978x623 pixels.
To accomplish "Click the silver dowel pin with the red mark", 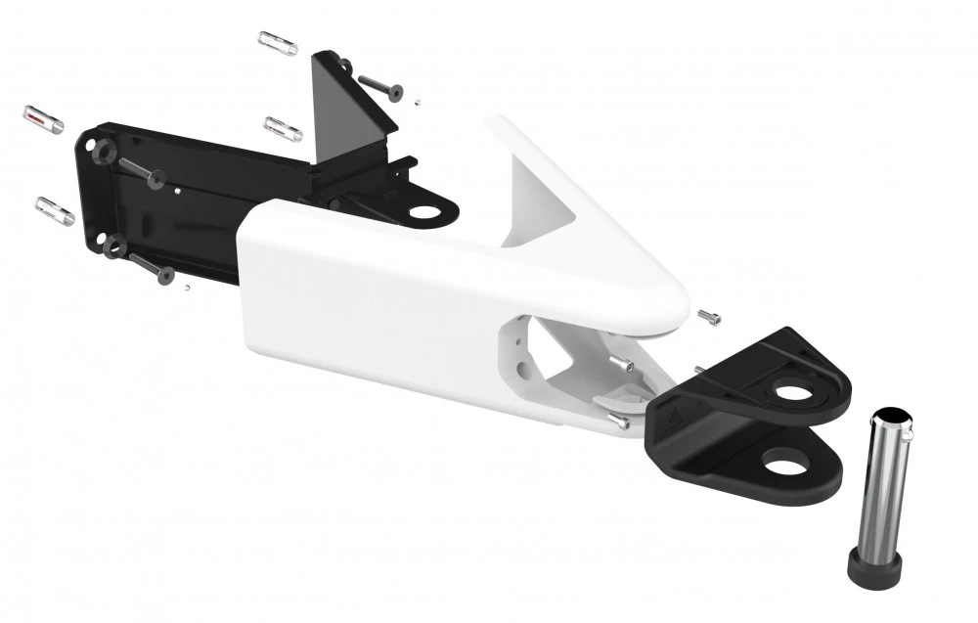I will pos(43,120).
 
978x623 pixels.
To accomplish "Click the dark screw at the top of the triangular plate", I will pos(381,87).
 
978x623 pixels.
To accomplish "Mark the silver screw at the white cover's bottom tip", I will pos(618,423).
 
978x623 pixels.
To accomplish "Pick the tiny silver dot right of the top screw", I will pos(416,99).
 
